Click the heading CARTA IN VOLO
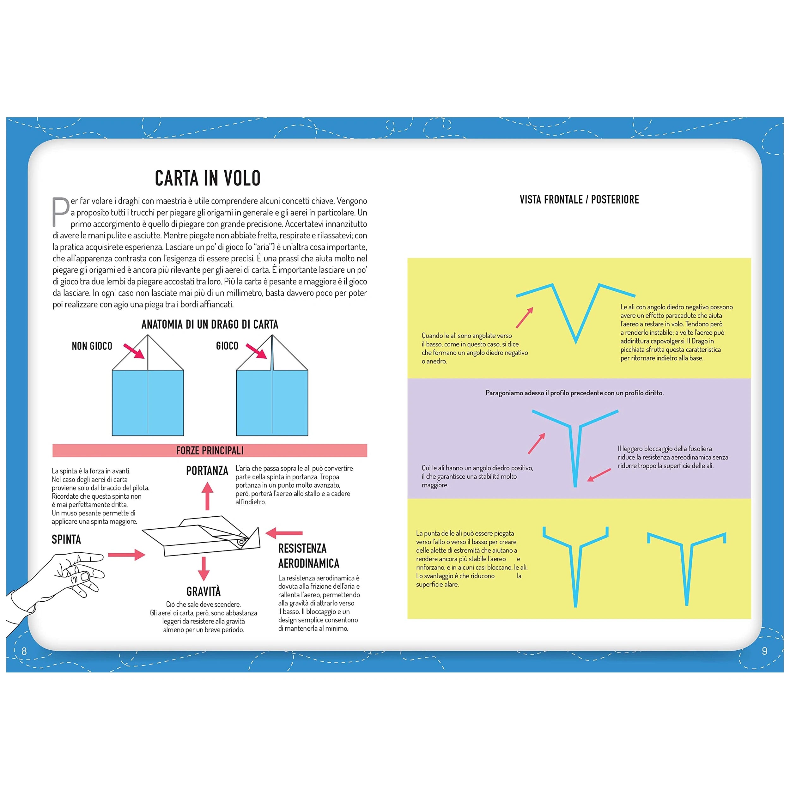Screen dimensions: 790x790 (x=207, y=178)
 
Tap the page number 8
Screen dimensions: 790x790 (x=24, y=651)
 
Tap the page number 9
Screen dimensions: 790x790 (x=764, y=651)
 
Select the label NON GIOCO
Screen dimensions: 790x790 (x=92, y=346)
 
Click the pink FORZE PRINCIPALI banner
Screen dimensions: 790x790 (x=210, y=451)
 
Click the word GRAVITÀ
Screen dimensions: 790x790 (x=203, y=592)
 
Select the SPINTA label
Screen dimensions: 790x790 (x=66, y=540)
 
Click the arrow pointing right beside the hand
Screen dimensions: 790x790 (x=127, y=555)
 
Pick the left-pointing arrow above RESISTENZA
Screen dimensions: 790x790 (x=284, y=533)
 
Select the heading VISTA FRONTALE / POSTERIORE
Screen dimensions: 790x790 (x=579, y=199)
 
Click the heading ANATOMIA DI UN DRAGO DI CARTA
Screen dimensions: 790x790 (x=210, y=325)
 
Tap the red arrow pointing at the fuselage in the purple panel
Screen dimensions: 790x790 (x=599, y=475)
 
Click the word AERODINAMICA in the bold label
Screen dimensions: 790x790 (x=309, y=563)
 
